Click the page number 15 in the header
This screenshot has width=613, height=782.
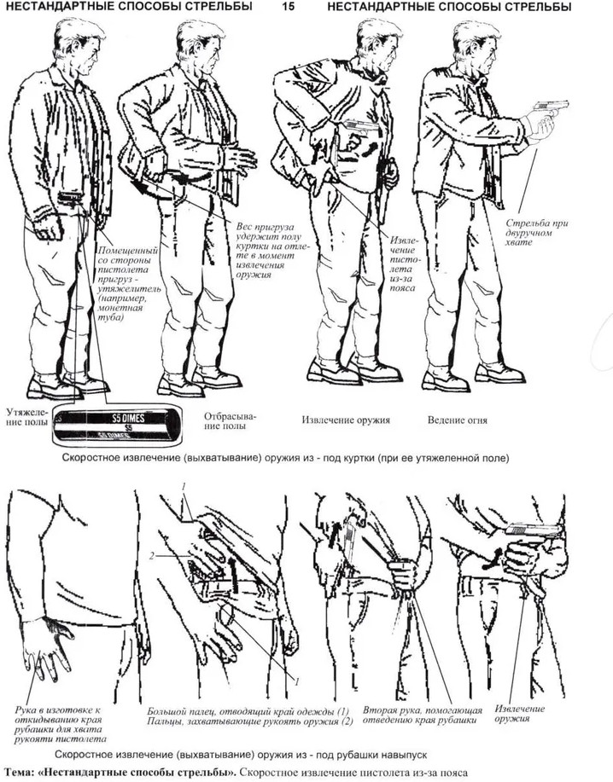pyautogui.click(x=289, y=7)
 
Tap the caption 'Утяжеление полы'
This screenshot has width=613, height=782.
pyautogui.click(x=27, y=417)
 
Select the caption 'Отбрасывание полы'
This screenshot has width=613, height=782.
pyautogui.click(x=225, y=421)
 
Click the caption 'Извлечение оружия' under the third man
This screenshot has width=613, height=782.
pyautogui.click(x=346, y=420)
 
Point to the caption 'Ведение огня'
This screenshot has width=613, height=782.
pyautogui.click(x=457, y=420)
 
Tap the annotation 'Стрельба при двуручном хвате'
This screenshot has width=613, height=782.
pyautogui.click(x=537, y=233)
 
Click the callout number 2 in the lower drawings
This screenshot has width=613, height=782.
pyautogui.click(x=152, y=555)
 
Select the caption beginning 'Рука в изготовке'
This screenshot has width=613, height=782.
pyautogui.click(x=60, y=724)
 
